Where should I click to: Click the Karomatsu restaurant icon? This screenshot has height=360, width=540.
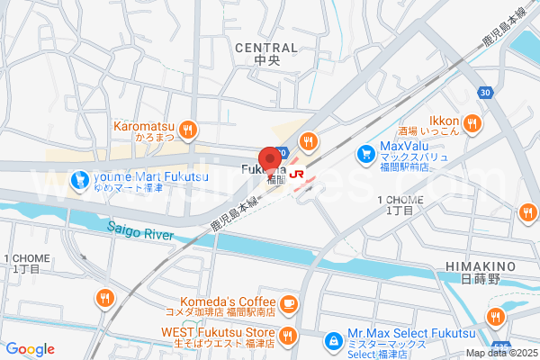point(188,130)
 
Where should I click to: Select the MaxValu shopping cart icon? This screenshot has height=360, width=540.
point(366,155)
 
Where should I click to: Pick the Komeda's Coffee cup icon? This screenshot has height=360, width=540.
point(289,303)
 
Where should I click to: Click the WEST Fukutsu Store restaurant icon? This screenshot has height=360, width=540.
point(289,337)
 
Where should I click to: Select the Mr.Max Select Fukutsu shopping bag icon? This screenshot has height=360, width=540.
point(334,341)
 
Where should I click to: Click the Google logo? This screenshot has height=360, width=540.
point(30,349)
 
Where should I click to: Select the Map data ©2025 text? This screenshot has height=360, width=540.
point(500,354)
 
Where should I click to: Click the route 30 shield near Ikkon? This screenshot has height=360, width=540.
point(485,93)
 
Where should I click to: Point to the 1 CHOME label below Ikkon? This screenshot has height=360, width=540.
point(398,199)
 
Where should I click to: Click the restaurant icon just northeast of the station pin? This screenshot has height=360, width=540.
point(309,140)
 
